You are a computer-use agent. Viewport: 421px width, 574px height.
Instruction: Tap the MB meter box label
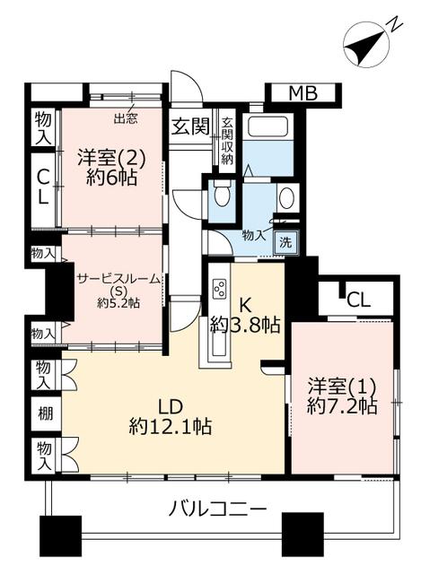point(303,93)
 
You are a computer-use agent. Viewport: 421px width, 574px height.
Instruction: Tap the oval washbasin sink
point(286,197)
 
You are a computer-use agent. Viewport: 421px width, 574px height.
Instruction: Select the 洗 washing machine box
point(285,242)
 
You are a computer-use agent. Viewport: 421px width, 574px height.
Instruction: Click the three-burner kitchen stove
point(220,288)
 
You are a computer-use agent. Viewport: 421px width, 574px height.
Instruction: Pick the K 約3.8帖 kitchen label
point(245,316)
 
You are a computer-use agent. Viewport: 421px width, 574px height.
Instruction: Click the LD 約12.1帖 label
point(170,416)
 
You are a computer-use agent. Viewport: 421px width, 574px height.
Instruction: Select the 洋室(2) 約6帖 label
point(111,168)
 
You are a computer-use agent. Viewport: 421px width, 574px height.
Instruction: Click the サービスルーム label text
point(118,279)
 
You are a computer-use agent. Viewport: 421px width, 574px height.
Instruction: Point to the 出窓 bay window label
point(125,118)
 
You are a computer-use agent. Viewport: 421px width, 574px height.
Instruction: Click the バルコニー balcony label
point(217,509)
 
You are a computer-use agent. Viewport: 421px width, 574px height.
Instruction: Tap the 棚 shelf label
point(46,413)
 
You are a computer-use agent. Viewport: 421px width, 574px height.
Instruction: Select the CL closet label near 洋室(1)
point(359,300)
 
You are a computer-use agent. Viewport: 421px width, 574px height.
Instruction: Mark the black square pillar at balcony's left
point(60,533)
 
